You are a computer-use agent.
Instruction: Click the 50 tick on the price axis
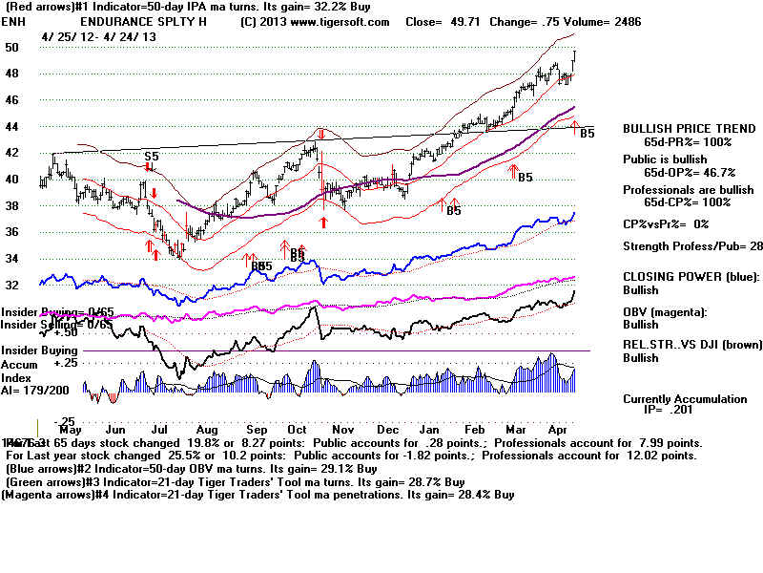tap(11, 47)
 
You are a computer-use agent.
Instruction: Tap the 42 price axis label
tap(11, 152)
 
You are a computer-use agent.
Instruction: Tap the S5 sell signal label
tap(151, 156)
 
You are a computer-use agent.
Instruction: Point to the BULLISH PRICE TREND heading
tap(678, 128)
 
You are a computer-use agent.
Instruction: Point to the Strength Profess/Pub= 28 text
tap(692, 246)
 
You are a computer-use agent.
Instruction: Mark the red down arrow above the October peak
tap(322, 135)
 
